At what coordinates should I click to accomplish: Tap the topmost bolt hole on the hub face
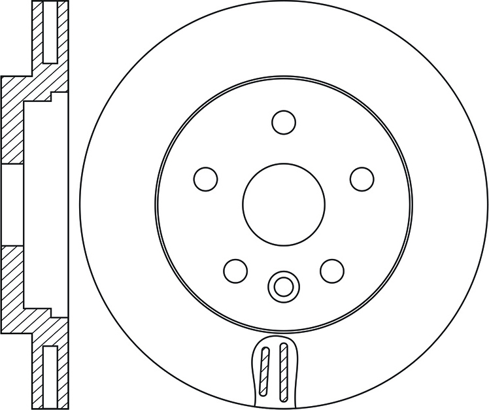(x=284, y=122)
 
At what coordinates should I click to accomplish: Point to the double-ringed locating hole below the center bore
(x=283, y=285)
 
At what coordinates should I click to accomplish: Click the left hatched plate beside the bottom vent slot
(x=38, y=376)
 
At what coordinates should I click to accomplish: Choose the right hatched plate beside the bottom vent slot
(x=63, y=376)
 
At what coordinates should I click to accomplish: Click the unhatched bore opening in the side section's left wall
(x=12, y=204)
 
